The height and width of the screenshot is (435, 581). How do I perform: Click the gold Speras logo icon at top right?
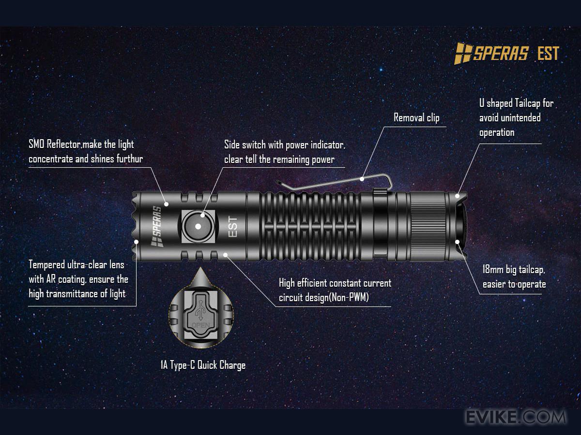point(463,53)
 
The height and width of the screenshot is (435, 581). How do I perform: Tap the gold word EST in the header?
point(548,53)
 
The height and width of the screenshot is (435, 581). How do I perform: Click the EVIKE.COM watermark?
point(516,417)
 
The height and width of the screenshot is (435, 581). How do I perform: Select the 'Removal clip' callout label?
point(416,117)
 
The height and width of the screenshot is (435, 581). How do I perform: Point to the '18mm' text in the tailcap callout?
point(493,269)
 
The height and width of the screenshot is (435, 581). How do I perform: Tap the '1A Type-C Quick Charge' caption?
point(203,365)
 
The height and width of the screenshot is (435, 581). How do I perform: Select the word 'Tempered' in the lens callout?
point(46,265)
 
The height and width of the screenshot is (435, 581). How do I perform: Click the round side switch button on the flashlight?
point(198,226)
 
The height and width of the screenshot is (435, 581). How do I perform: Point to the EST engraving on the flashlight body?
point(233,227)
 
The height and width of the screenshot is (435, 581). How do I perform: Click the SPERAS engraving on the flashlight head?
point(157,226)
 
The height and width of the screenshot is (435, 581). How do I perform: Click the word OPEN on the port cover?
point(201,325)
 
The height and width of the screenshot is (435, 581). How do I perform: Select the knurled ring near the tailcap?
point(427,226)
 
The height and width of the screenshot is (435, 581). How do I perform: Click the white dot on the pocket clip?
point(362,179)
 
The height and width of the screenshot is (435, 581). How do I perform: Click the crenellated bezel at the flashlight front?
point(136,226)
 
